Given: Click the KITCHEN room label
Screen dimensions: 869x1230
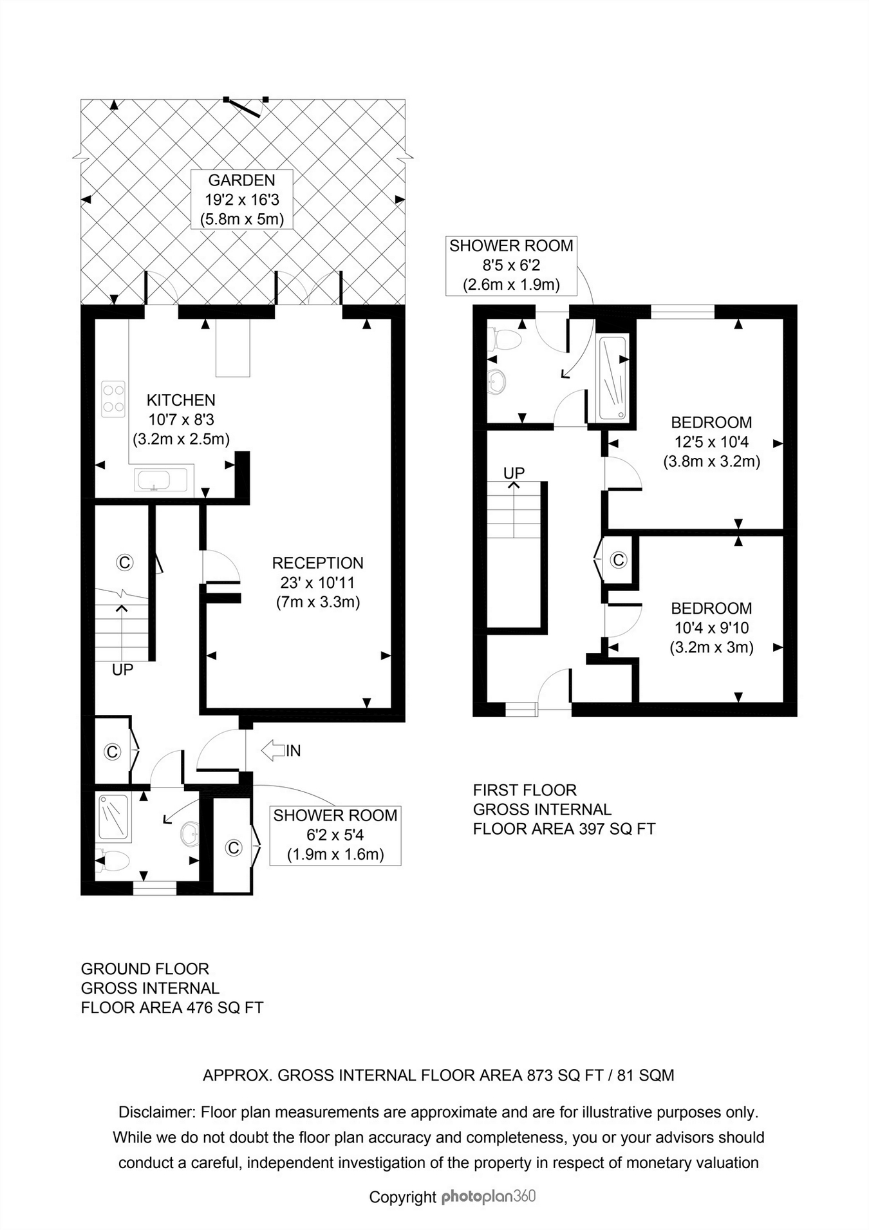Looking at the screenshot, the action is click(x=181, y=400).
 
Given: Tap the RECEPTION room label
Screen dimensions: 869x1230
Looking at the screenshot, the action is click(x=318, y=563).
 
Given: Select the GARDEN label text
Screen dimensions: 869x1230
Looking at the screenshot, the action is click(x=241, y=180).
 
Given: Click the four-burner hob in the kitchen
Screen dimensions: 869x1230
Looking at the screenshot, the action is click(x=113, y=399).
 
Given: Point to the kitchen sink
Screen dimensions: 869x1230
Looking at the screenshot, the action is click(x=161, y=480).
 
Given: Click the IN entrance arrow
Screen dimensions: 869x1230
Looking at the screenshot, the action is click(x=281, y=750).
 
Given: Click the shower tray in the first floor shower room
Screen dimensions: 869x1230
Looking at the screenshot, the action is click(x=613, y=379).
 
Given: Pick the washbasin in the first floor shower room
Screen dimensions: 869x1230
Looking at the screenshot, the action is click(x=498, y=382).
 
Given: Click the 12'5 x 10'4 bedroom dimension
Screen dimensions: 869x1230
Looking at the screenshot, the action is click(x=711, y=442).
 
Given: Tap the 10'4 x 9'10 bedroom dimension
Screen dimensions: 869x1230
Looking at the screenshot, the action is click(x=711, y=628).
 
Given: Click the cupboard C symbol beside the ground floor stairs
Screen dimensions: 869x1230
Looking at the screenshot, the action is click(x=124, y=562).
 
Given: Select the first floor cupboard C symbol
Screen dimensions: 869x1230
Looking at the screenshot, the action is click(x=619, y=560).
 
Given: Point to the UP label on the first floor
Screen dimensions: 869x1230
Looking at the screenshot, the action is click(x=514, y=473).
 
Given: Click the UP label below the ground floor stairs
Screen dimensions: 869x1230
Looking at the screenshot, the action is click(x=123, y=670).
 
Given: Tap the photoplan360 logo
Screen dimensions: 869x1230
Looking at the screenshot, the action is click(x=489, y=1197).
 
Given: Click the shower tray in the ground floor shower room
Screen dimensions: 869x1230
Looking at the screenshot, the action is click(x=113, y=817).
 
